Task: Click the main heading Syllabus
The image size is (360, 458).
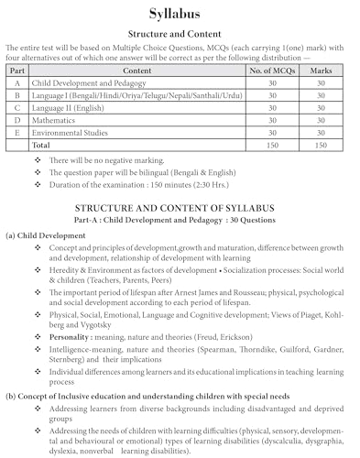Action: point(180,12)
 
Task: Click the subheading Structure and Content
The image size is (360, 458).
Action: point(180,32)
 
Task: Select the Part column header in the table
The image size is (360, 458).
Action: point(16,70)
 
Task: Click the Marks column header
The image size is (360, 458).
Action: point(320,70)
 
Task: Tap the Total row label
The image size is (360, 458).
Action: point(43,145)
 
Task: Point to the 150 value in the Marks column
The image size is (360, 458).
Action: point(320,145)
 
